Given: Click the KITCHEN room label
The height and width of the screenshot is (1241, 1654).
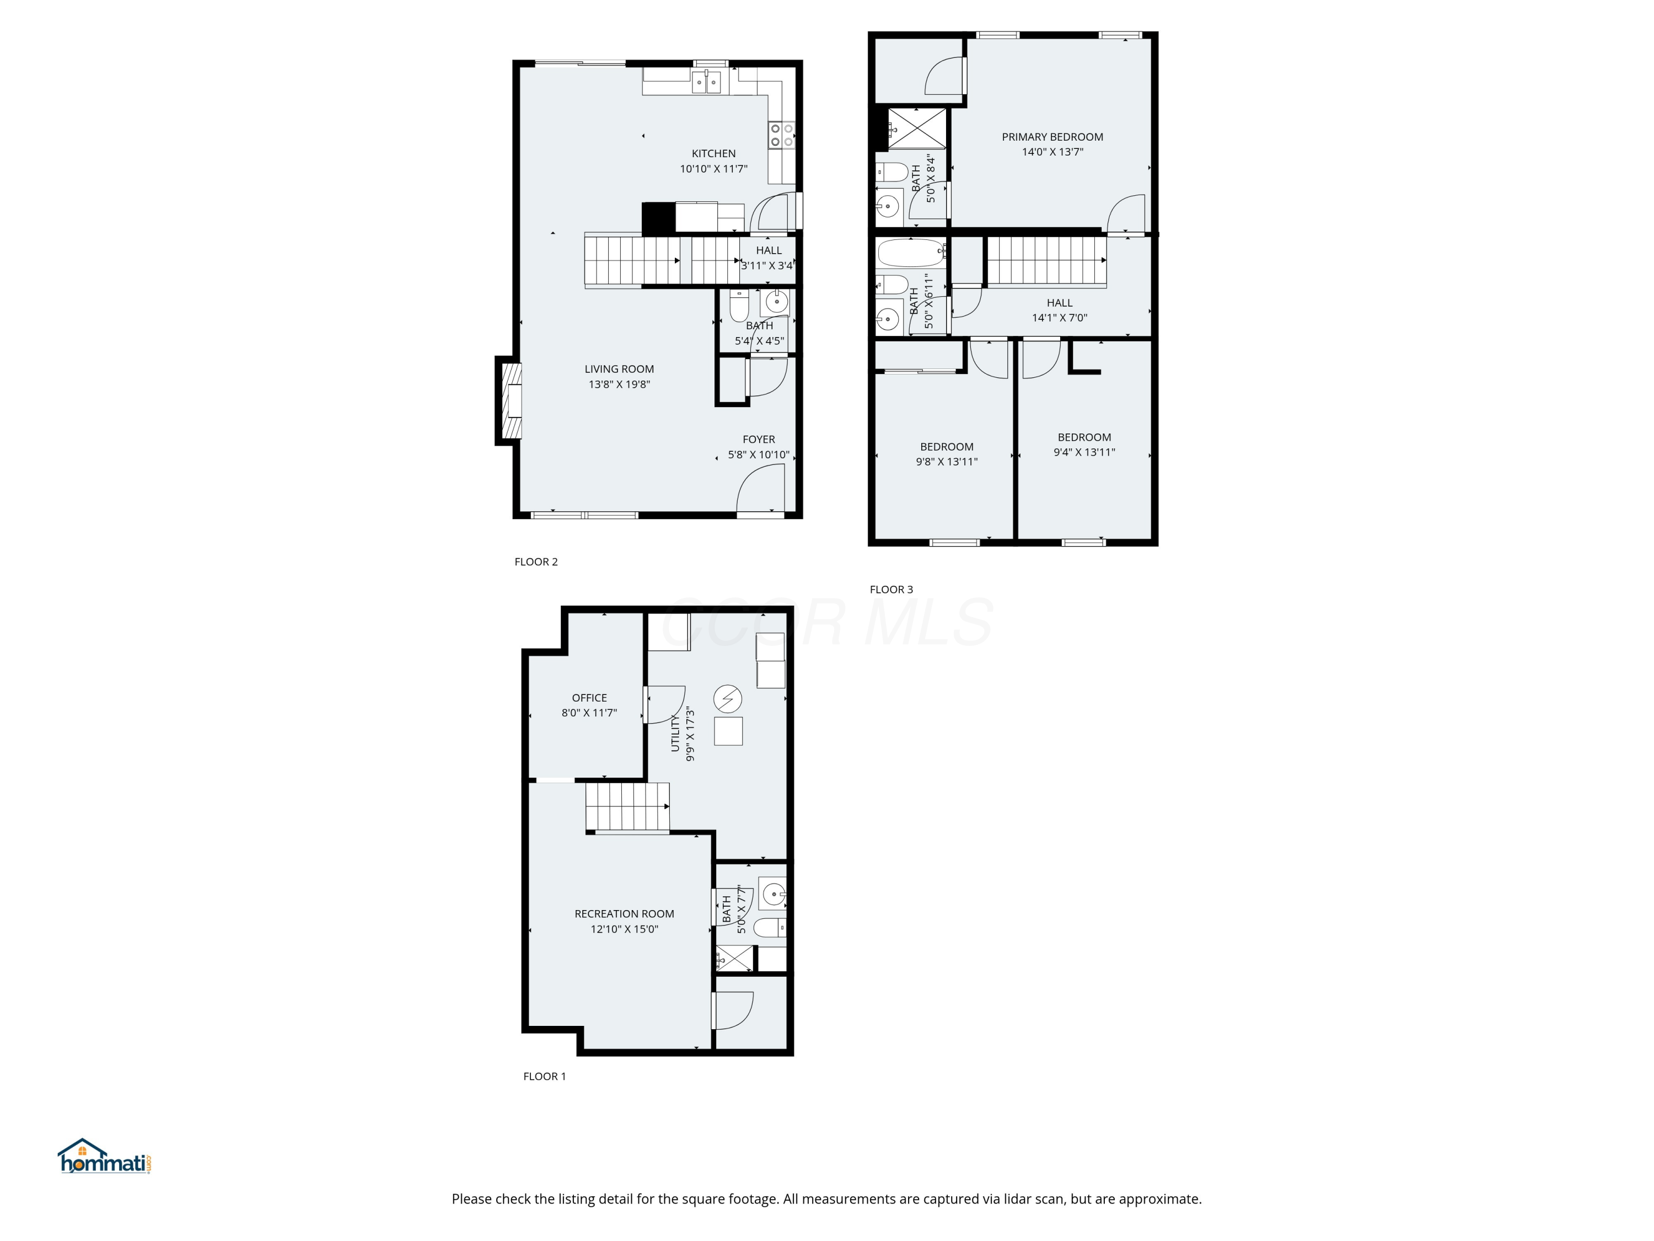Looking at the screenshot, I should tap(713, 153).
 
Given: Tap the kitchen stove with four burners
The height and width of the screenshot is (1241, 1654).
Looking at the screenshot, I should tap(781, 135).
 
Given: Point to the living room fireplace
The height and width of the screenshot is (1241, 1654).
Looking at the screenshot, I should tap(511, 400).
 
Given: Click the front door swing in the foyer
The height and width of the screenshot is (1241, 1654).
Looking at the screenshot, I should tap(760, 488).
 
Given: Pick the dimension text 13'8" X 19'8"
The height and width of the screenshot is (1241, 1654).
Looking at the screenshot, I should tap(619, 384).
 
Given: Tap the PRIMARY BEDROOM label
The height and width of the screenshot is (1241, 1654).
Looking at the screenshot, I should tap(1052, 137).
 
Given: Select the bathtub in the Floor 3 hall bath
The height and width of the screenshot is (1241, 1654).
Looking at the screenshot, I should tap(911, 253).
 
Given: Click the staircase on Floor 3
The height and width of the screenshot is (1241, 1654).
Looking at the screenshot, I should tap(1045, 260).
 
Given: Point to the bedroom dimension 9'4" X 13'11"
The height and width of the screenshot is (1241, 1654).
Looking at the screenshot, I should tap(1084, 452).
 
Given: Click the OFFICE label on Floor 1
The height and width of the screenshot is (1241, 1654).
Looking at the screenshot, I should tap(589, 698).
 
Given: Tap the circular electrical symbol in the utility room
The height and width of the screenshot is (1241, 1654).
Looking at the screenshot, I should tap(728, 699).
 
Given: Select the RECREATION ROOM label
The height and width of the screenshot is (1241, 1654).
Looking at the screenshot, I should tap(624, 913).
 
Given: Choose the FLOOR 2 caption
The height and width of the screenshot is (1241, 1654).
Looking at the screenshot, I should tap(536, 562).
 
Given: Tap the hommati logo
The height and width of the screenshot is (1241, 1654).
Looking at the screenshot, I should tap(105, 1157).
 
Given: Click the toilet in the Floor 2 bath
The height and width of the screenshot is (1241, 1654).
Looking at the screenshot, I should tap(739, 305).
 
